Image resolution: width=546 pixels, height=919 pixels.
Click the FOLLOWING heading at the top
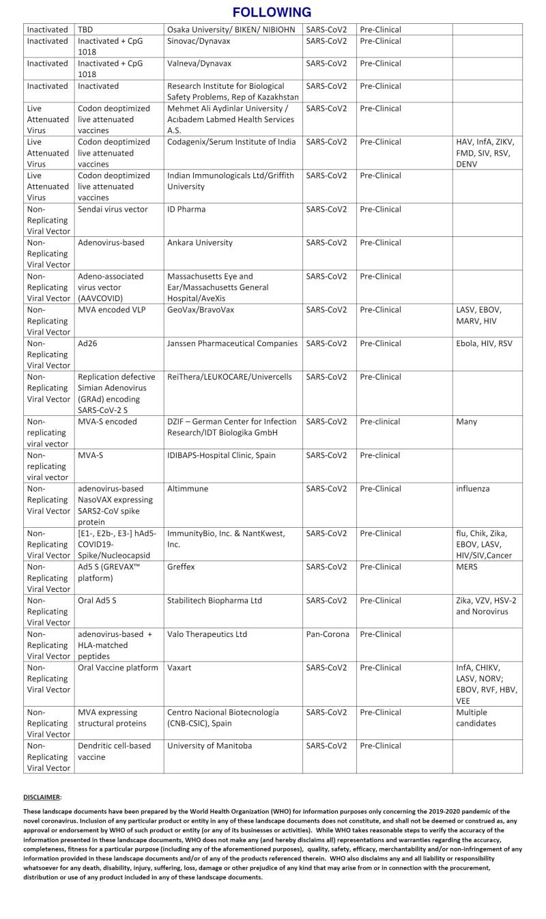pyautogui.click(x=272, y=12)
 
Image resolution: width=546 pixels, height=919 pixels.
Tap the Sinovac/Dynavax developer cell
pyautogui.click(x=201, y=41)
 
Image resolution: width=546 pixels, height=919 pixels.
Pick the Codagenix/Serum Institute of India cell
pyautogui.click(x=231, y=142)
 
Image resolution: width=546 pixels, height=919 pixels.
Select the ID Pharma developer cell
pyautogui.click(x=186, y=209)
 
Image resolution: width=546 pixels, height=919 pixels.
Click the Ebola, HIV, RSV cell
pyautogui.click(x=484, y=343)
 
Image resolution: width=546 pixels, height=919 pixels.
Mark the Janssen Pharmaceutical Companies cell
pyautogui.click(x=232, y=343)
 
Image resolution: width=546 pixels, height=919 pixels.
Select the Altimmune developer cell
pyautogui.click(x=188, y=489)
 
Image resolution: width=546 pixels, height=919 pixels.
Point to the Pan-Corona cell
pyautogui.click(x=328, y=634)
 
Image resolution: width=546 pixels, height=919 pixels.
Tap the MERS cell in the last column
pyautogui.click(x=468, y=567)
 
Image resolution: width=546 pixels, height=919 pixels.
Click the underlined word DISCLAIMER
pyautogui.click(x=42, y=797)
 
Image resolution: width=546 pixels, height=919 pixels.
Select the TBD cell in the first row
pyautogui.click(x=85, y=29)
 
